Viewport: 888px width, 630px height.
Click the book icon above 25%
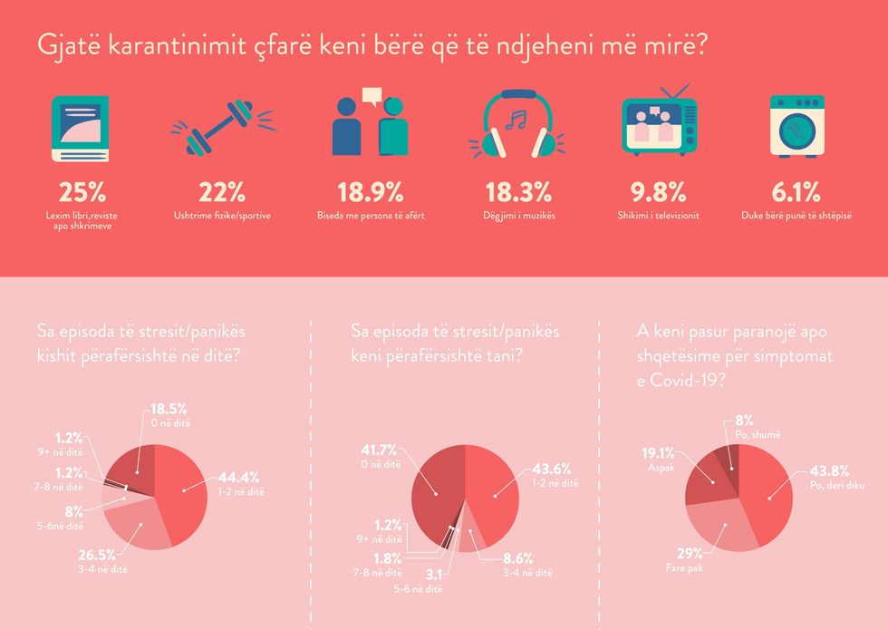point(80,128)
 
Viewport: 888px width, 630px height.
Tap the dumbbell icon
point(221,126)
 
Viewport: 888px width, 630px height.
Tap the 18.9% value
point(370,192)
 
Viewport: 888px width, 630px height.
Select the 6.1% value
point(796,192)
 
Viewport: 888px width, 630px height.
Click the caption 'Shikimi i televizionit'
point(658,216)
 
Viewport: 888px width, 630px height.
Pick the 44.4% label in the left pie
point(240,479)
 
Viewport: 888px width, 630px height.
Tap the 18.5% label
point(171,410)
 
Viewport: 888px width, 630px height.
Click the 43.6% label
point(551,470)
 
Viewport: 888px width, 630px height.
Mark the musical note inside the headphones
point(515,120)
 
